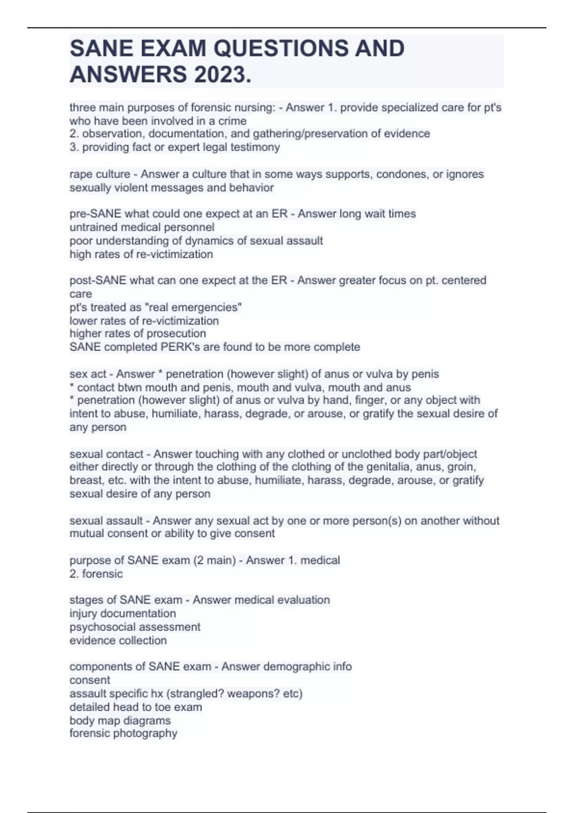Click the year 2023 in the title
(x=222, y=74)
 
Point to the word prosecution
(x=178, y=333)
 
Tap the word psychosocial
(x=102, y=627)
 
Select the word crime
(x=232, y=121)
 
